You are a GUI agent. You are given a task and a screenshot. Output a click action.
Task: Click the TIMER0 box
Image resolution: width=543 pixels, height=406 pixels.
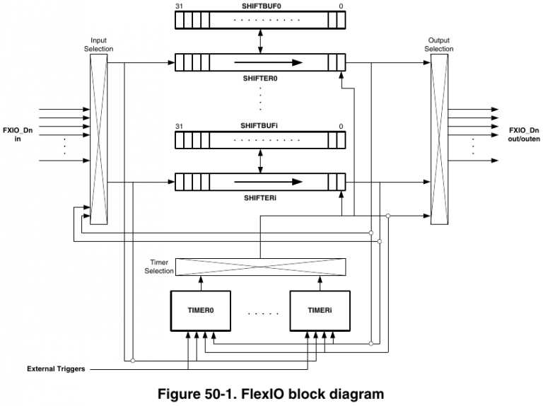pos(201,311)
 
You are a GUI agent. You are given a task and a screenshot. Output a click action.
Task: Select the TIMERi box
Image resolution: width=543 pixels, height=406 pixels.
pos(320,311)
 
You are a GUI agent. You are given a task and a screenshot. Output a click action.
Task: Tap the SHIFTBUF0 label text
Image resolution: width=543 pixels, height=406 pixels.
pos(260,6)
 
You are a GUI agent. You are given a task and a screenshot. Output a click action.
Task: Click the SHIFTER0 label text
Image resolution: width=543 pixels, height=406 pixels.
pos(260,79)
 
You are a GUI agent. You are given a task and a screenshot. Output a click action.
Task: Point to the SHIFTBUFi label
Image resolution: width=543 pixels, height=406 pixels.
pos(260,125)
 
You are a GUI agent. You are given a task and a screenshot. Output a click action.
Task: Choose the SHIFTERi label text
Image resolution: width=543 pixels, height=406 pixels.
pos(260,197)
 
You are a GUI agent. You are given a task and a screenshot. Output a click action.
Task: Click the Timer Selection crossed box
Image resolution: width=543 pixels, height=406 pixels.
pos(260,267)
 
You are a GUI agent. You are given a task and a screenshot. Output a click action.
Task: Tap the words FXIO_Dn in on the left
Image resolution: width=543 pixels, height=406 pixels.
pos(19,135)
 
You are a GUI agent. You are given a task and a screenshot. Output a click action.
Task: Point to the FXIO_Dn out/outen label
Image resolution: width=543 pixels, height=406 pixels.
pos(524,135)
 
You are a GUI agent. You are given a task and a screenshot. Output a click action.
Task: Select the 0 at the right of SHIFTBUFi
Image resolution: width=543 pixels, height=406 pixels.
pos(341,126)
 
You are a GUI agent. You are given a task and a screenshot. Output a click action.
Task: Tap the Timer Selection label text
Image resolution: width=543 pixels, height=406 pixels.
pos(159,267)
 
